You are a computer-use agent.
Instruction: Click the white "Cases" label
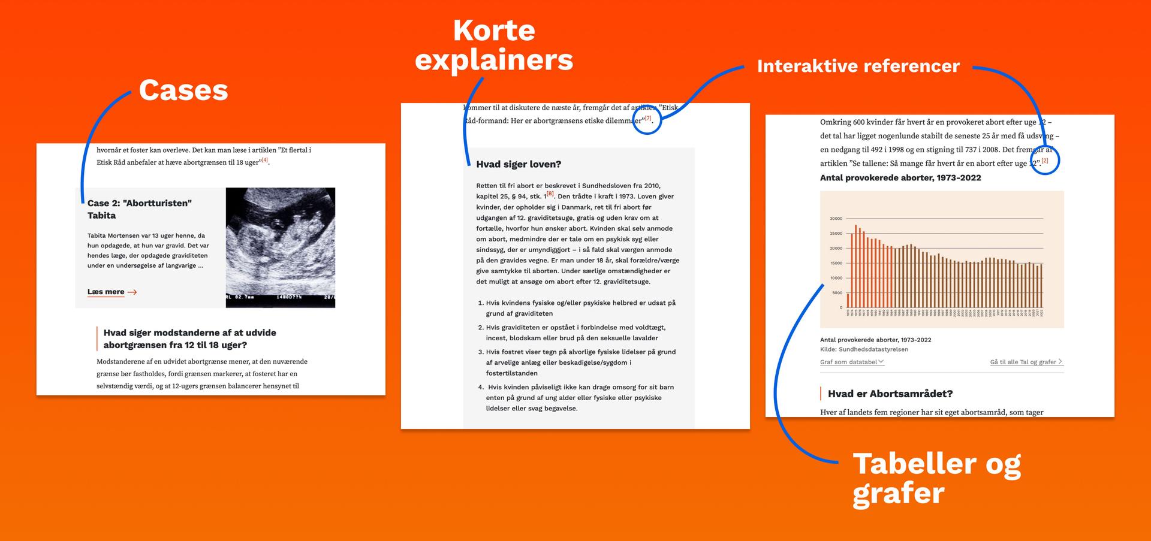183,90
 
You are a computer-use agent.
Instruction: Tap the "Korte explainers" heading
493,46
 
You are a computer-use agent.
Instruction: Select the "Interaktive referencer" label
858,66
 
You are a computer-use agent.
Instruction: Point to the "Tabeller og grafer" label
936,478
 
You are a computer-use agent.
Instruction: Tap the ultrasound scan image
280,247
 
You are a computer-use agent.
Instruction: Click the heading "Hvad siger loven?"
518,164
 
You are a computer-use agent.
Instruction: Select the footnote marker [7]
647,119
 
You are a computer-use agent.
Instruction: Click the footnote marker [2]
1045,161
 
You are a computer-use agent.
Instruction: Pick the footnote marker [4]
264,160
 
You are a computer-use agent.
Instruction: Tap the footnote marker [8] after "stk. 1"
550,194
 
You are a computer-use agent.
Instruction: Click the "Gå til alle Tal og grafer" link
1026,362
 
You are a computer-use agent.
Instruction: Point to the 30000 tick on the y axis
836,219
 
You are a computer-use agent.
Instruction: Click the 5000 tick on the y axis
837,293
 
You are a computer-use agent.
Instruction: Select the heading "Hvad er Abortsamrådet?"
890,394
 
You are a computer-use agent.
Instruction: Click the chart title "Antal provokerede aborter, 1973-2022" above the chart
900,178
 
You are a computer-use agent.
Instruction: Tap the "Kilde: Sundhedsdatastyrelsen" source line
863,349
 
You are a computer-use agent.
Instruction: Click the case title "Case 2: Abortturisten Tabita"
140,209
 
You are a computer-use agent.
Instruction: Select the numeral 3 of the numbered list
481,352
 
